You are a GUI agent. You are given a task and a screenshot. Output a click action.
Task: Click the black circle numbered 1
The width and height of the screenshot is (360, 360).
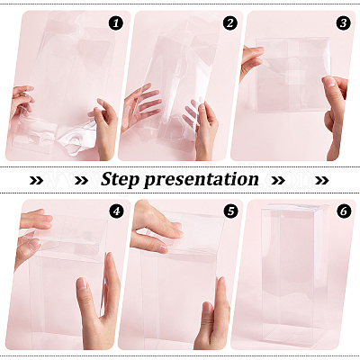tap(116, 23)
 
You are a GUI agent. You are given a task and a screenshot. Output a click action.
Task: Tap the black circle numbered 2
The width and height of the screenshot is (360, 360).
tap(230, 23)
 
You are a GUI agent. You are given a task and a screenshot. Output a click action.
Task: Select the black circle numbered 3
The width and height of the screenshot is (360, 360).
tap(344, 23)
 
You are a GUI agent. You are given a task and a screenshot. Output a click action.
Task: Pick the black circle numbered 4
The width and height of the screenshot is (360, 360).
tap(116, 211)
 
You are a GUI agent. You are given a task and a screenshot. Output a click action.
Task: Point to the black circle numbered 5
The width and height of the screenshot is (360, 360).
tap(230, 211)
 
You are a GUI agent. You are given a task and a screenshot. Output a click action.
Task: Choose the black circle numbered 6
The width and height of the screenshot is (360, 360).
tap(344, 211)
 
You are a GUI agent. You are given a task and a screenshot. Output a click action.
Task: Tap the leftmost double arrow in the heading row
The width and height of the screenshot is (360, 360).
tap(37, 180)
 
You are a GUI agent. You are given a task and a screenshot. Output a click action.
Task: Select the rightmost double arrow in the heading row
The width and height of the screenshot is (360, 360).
tap(322, 180)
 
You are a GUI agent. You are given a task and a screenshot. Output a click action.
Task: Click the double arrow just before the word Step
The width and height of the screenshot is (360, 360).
tap(81, 180)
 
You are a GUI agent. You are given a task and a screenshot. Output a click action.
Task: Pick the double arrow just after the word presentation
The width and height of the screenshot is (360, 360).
tap(278, 180)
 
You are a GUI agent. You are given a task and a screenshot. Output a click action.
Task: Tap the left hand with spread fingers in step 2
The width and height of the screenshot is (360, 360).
tap(140, 106)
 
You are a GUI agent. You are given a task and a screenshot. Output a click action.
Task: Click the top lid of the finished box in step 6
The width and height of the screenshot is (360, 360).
tap(294, 207)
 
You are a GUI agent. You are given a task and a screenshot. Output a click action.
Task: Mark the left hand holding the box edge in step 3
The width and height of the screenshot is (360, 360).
tap(251, 61)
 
